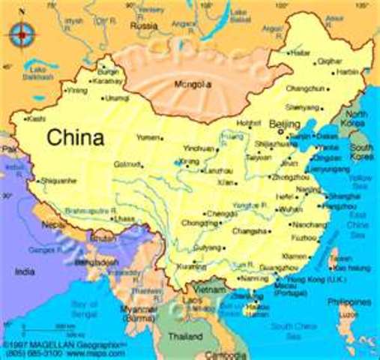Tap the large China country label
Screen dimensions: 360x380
pos(74,138)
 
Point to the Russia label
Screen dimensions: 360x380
pos(144,25)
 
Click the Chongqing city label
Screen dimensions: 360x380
pos(199,223)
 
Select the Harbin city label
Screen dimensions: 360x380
pos(347,72)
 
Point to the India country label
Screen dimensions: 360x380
pos(25,271)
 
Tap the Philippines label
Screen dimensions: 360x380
pos(354,302)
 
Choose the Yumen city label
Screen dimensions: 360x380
pos(148,138)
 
